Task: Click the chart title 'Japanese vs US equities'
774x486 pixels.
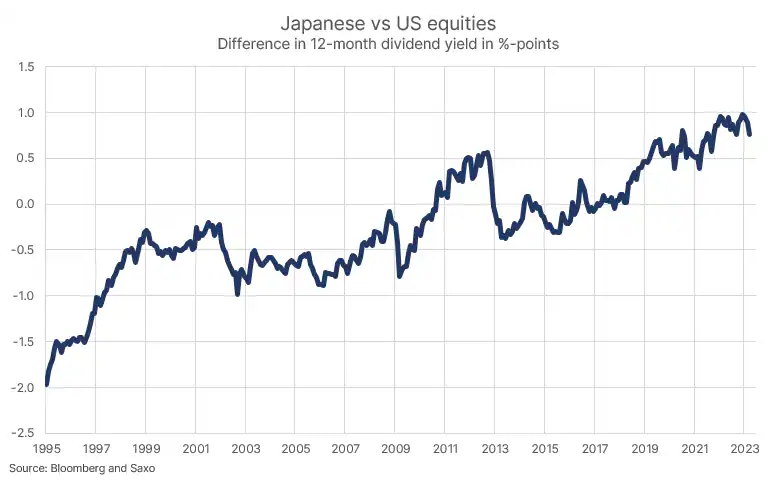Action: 386,22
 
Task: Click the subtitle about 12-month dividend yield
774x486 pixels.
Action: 386,45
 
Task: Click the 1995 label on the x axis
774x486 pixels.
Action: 47,450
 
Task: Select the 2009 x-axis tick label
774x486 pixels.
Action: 395,450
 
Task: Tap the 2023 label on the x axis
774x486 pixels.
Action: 743,450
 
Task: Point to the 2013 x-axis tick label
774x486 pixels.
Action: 494,450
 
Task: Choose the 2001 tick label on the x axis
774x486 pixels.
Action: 196,450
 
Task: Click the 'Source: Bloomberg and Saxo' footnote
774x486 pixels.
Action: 82,468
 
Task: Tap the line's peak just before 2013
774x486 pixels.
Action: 487,153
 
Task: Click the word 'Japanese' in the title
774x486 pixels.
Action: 319,22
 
